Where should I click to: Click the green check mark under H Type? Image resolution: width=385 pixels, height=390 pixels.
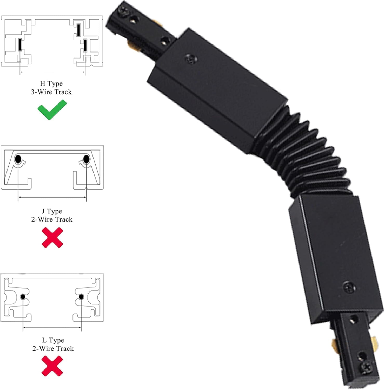point(52,110)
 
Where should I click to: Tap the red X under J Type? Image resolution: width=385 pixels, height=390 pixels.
point(52,237)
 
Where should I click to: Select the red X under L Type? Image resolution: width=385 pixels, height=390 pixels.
point(52,366)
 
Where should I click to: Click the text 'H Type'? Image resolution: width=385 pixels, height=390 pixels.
point(51,83)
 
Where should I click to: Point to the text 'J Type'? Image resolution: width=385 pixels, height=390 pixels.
point(52,211)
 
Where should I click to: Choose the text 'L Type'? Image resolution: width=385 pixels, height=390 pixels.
point(53,340)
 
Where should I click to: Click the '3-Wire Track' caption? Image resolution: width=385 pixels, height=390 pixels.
point(51,92)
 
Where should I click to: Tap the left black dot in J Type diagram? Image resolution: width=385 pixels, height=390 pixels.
point(18,159)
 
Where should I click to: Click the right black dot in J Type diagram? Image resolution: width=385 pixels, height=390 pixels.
point(86,159)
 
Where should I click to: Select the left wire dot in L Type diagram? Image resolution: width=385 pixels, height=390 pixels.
point(23,297)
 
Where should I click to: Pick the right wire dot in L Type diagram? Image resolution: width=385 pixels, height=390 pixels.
point(81,297)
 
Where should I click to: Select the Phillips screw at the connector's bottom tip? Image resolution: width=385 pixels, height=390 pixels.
point(367,367)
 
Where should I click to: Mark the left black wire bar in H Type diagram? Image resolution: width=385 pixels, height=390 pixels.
point(20,44)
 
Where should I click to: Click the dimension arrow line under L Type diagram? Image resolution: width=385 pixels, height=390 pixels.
point(52,328)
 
